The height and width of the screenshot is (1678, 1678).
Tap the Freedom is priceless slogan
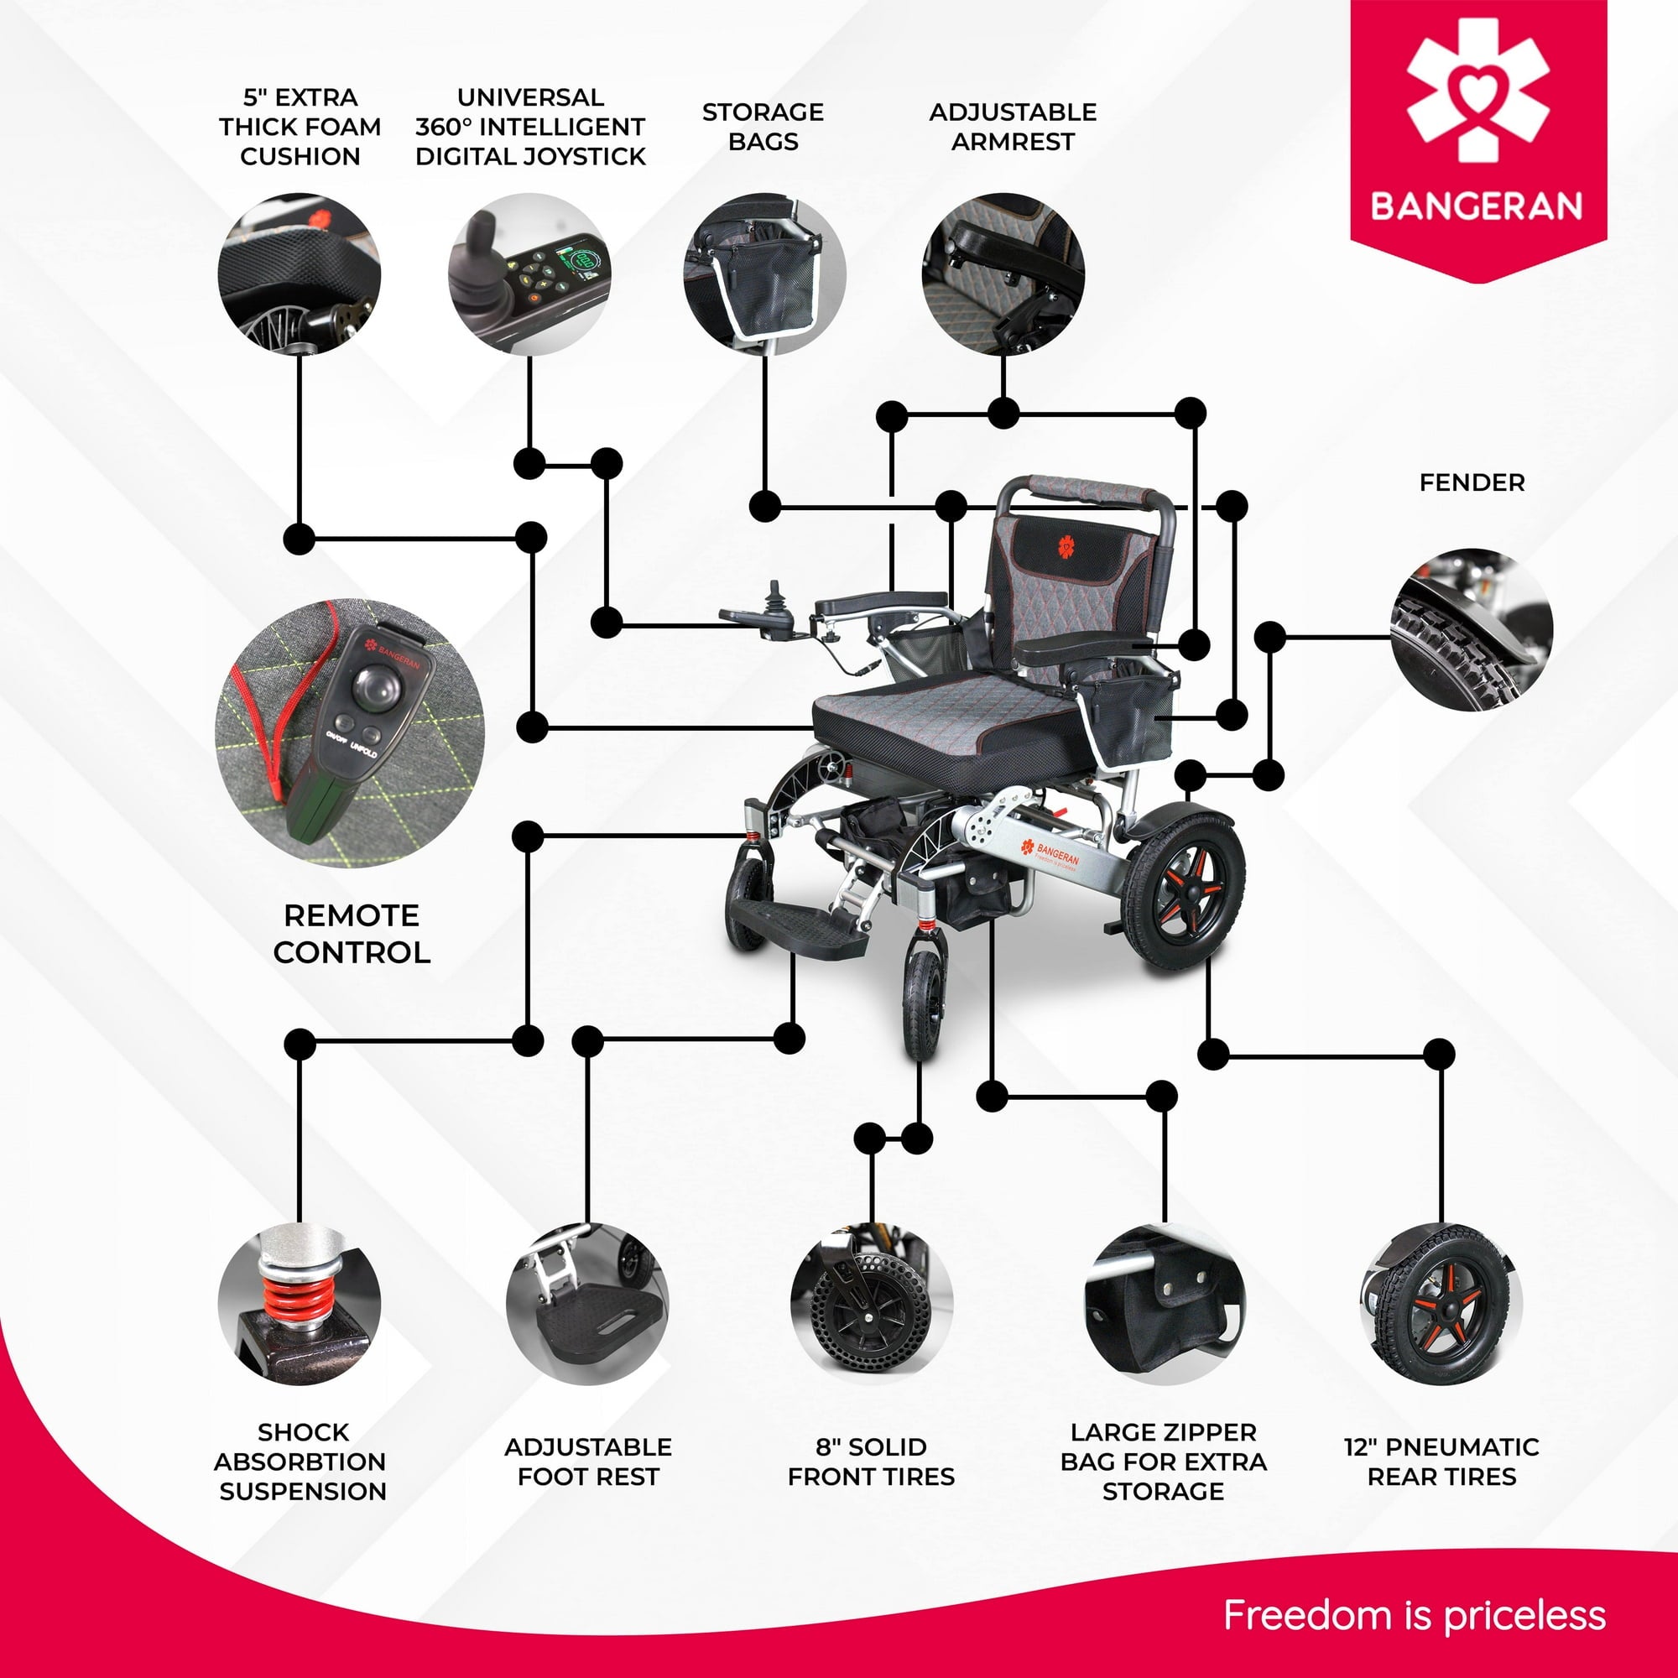pos(1414,1615)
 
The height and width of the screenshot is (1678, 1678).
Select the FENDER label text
pos(1472,483)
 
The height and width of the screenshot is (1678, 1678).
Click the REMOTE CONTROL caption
pos(352,934)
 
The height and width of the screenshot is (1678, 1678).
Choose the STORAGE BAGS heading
pos(763,127)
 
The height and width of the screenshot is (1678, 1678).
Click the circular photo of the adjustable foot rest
pos(588,1303)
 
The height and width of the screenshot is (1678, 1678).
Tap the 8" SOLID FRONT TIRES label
pos(871,1462)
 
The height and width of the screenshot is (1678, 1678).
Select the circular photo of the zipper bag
pos(1164,1303)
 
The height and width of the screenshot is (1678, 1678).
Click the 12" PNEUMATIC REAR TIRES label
pos(1441,1462)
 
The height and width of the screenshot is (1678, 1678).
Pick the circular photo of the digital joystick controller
pos(529,274)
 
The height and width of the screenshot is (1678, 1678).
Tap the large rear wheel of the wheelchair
pos(1183,890)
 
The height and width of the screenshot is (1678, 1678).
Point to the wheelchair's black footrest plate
pos(795,928)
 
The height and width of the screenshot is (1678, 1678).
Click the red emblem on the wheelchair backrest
pos(1066,547)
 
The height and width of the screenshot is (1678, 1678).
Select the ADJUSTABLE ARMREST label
pos(1013,127)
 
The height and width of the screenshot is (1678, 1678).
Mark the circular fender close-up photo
pos(1472,630)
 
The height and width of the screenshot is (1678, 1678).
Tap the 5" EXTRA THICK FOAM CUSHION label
pos(300,127)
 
